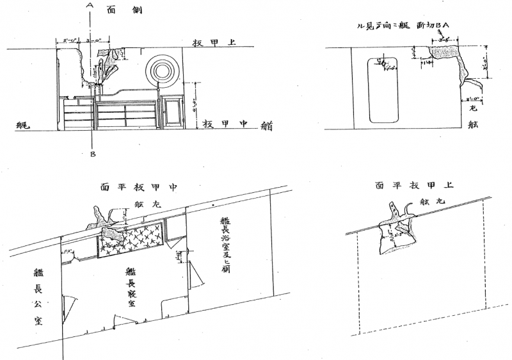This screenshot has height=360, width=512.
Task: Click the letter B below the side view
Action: pyautogui.click(x=93, y=154)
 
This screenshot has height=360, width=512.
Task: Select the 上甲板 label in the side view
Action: pyautogui.click(x=215, y=43)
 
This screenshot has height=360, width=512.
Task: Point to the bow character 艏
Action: pyautogui.click(x=266, y=126)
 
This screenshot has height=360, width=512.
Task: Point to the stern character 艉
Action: pyautogui.click(x=22, y=126)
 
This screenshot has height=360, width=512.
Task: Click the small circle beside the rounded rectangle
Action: pyautogui.click(x=382, y=63)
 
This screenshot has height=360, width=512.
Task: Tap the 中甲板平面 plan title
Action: pyautogui.click(x=138, y=187)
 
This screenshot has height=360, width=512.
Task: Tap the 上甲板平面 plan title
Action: pyautogui.click(x=415, y=185)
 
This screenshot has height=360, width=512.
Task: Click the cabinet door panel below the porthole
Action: pyautogui.click(x=172, y=111)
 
